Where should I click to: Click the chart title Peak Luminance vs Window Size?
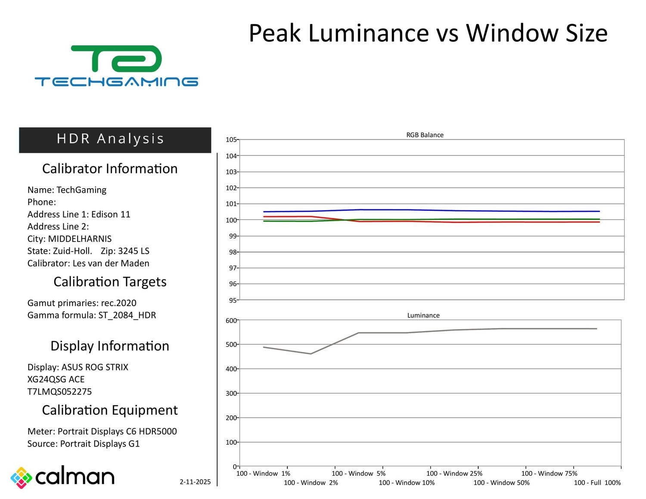point(428,33)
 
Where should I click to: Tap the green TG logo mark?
point(117,59)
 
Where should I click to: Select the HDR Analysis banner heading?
point(111,139)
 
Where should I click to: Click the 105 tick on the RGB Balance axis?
point(231,139)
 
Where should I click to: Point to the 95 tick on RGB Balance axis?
point(233,300)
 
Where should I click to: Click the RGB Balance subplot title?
point(425,135)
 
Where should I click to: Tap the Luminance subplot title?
point(423,315)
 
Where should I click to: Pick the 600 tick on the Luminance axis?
point(231,320)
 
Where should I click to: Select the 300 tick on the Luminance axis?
point(231,394)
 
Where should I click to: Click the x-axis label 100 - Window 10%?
point(407,483)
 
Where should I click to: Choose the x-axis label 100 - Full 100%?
point(597,483)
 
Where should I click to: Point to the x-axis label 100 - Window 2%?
point(311,483)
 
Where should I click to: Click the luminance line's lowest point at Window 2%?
point(311,354)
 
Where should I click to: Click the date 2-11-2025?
point(195,482)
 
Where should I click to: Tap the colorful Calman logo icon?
point(22,477)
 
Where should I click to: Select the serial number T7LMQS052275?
point(59,391)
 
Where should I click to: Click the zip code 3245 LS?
point(134,251)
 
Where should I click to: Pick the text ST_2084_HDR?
point(127,315)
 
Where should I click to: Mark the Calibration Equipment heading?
point(110,410)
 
